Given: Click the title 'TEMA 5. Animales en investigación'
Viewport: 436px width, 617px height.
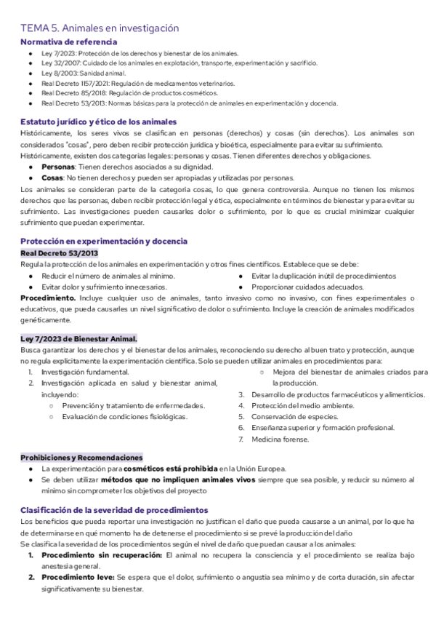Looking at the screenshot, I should tap(99, 28).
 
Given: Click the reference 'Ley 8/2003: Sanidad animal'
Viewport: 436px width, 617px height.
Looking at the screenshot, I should tap(84, 73).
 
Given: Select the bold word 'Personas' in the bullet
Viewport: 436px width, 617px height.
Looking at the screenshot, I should tap(58, 167).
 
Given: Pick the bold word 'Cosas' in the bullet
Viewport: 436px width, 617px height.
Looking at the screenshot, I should tap(52, 178).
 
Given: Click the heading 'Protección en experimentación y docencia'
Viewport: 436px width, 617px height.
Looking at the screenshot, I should tap(104, 241).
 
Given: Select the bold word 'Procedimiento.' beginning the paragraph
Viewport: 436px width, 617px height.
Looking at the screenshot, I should tap(44, 298).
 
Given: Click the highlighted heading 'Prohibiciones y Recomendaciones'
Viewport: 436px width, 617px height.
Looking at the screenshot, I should tap(81, 457).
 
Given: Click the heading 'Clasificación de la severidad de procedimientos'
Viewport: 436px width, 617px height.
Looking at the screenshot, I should tap(114, 510).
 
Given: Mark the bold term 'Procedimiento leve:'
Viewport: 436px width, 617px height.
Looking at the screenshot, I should tap(76, 577).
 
